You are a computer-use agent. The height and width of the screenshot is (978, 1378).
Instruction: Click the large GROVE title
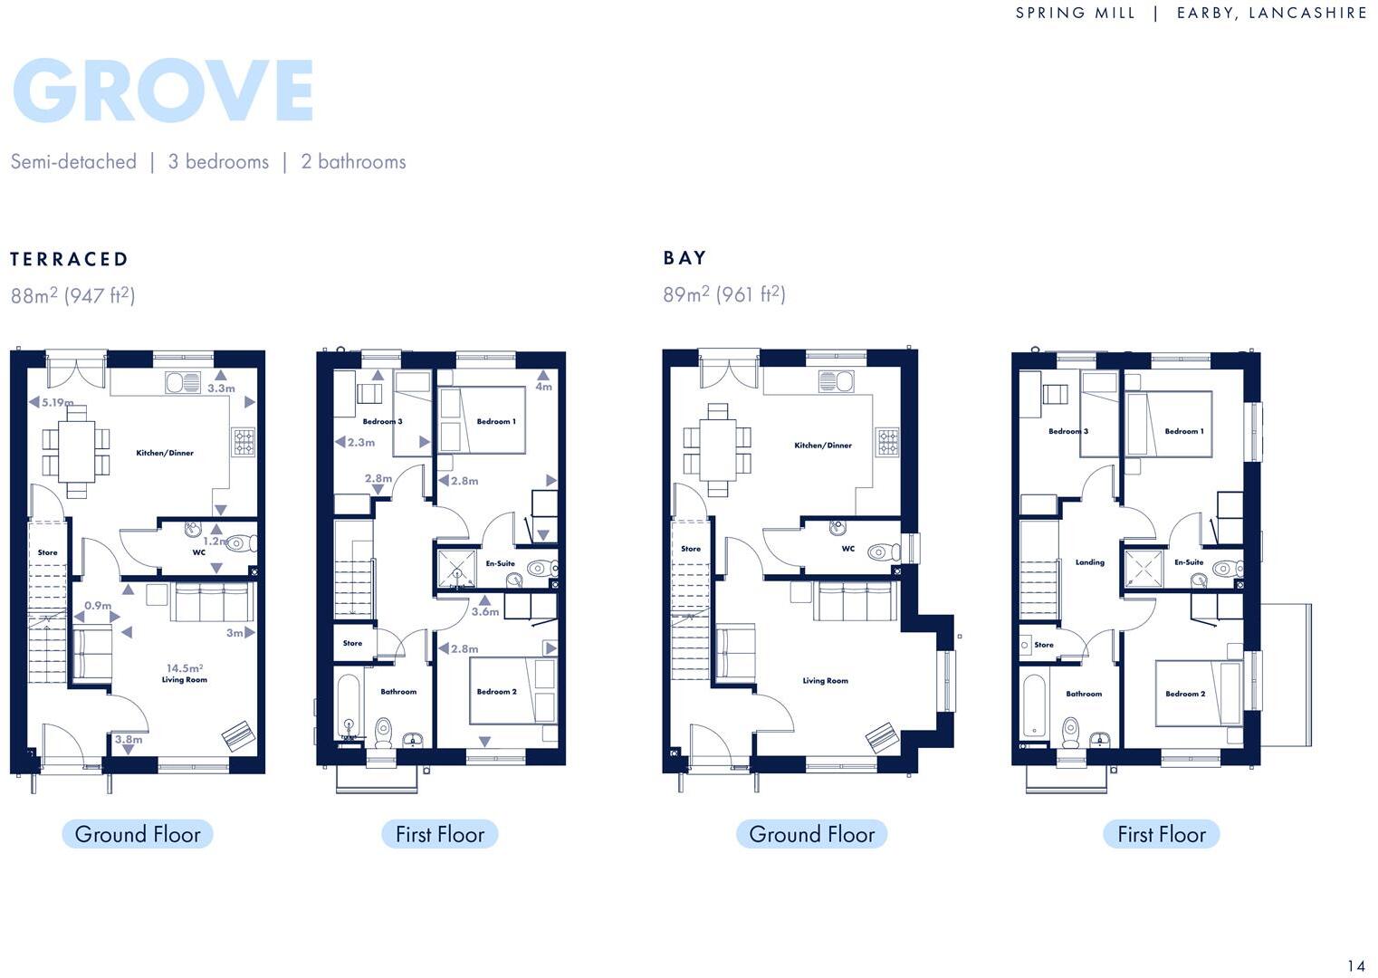coord(163,91)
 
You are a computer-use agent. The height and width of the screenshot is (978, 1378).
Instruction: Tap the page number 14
coord(1355,966)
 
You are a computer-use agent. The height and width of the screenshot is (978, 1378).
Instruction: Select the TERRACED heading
coord(70,260)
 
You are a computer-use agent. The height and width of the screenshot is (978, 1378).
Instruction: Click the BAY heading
coord(684,258)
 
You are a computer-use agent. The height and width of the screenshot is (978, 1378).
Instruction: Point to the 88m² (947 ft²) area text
coord(73,296)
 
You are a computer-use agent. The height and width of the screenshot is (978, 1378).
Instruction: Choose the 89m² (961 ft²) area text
coord(724,294)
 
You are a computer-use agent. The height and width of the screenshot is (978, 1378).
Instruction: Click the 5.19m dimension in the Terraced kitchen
coord(56,402)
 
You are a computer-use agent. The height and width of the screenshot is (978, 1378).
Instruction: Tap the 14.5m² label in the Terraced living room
coord(185,668)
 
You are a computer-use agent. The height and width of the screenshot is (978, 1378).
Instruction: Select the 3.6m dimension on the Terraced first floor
coord(485,611)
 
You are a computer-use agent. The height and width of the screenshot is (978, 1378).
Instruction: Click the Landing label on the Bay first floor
coord(1089,562)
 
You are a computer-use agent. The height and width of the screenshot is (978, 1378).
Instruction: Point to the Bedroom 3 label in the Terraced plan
coord(382,421)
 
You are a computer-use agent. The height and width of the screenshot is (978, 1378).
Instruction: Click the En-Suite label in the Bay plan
coord(1189,562)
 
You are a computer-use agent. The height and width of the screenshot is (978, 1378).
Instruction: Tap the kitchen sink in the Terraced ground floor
coord(183,383)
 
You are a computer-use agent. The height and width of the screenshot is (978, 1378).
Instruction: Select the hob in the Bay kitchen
coord(887,442)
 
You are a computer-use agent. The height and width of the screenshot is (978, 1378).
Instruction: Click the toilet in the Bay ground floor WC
coord(881,551)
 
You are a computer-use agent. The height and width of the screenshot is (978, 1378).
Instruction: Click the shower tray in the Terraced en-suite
coord(456,569)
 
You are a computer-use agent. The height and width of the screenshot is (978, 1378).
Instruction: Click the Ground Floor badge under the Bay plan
coord(811,834)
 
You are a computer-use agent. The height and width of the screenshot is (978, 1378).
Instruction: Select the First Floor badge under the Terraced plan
coord(440,834)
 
